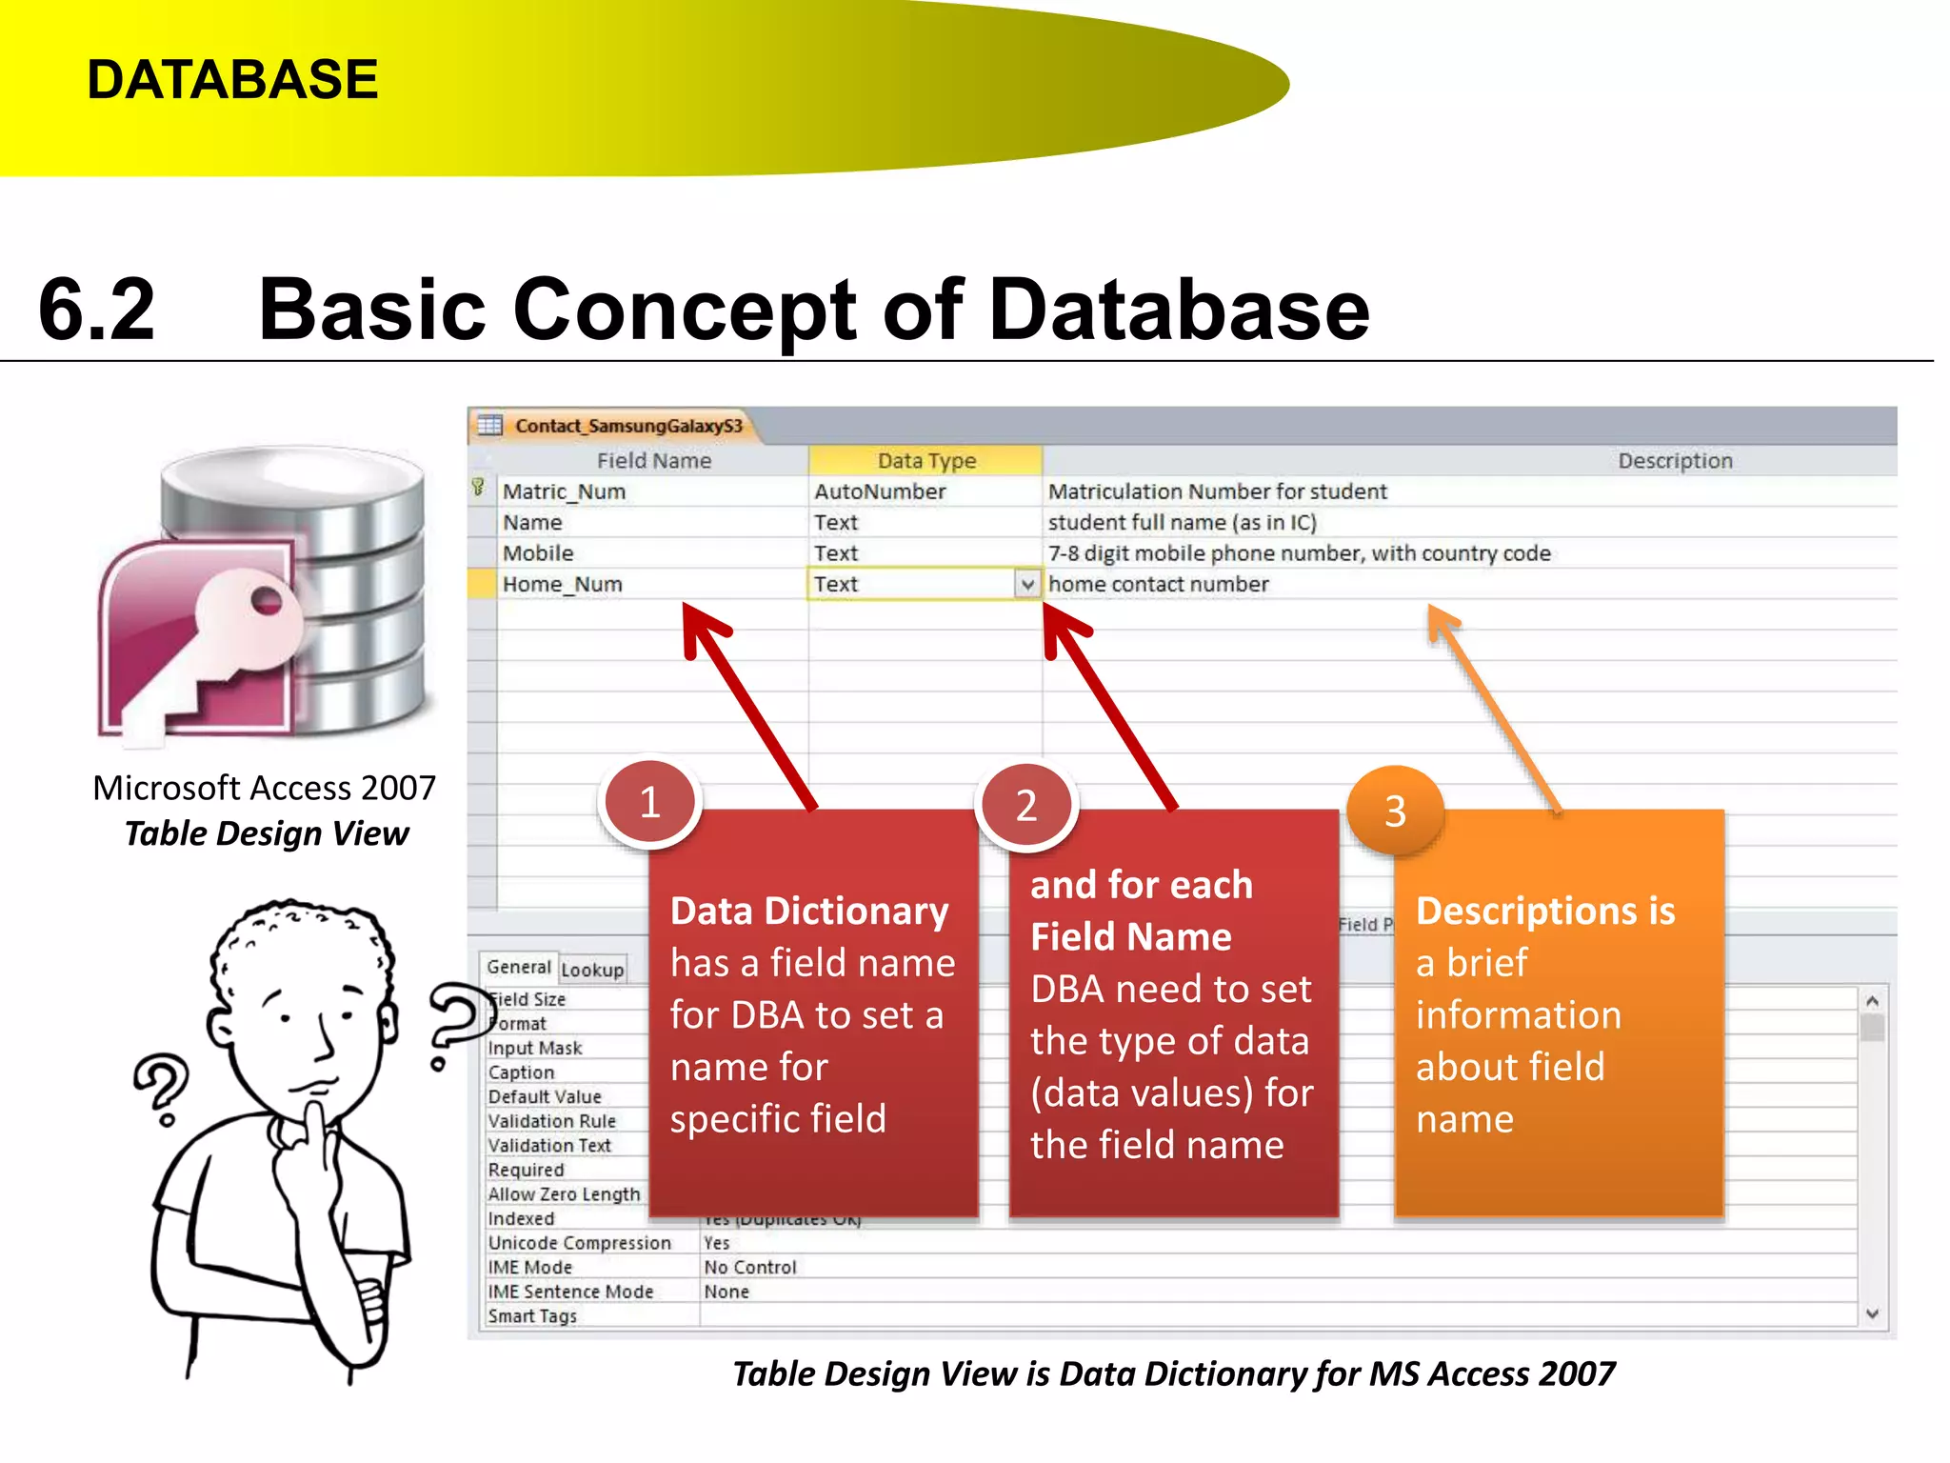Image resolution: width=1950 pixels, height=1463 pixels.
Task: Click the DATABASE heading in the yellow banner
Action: click(x=232, y=79)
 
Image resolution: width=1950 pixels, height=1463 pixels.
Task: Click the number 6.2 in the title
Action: click(x=96, y=310)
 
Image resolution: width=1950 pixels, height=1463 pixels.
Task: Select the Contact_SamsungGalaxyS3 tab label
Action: click(x=627, y=426)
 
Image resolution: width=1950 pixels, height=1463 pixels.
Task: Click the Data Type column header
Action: click(x=925, y=461)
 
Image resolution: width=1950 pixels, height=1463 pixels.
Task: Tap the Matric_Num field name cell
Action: click(x=564, y=491)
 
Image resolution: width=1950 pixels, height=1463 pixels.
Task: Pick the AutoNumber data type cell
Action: click(x=880, y=491)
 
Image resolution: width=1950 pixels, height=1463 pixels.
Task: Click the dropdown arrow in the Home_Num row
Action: click(x=1026, y=584)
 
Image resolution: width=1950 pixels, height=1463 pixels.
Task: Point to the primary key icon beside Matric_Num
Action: click(x=479, y=489)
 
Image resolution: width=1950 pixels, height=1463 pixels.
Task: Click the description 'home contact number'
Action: click(x=1158, y=584)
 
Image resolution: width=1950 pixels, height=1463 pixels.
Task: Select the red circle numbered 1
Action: click(x=650, y=803)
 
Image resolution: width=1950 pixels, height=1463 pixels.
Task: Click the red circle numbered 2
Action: click(x=1025, y=806)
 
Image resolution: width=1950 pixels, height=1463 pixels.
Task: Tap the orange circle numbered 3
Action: click(x=1395, y=812)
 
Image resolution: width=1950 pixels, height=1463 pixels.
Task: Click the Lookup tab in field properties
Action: click(x=592, y=970)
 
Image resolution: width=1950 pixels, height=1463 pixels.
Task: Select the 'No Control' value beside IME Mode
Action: click(x=749, y=1268)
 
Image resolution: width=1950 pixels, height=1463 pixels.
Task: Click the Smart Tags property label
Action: click(x=532, y=1316)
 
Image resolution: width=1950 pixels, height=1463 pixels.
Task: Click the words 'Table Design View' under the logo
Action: click(x=267, y=834)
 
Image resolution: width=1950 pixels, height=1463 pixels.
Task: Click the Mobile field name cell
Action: click(x=538, y=553)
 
